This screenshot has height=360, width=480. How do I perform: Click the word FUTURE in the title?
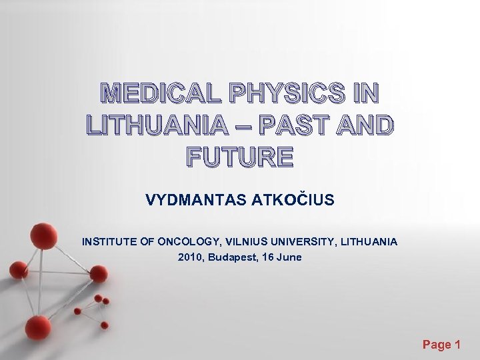tap(239, 157)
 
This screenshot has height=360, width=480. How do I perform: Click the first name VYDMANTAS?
tap(196, 200)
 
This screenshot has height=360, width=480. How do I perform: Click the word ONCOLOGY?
tap(188, 241)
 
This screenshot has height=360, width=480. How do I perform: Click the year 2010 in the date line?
tap(191, 257)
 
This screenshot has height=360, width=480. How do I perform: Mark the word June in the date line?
tap(289, 257)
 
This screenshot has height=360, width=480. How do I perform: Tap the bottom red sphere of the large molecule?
tap(38, 327)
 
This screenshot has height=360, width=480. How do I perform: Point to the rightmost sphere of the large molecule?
tap(99, 273)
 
